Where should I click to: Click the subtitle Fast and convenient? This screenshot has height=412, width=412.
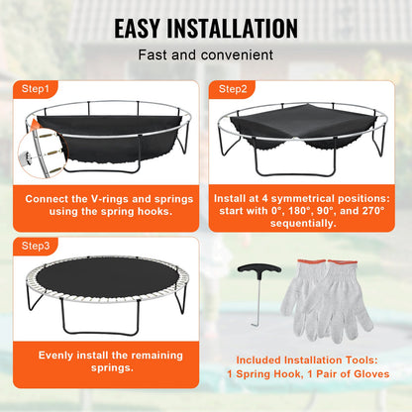(x=206, y=55)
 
